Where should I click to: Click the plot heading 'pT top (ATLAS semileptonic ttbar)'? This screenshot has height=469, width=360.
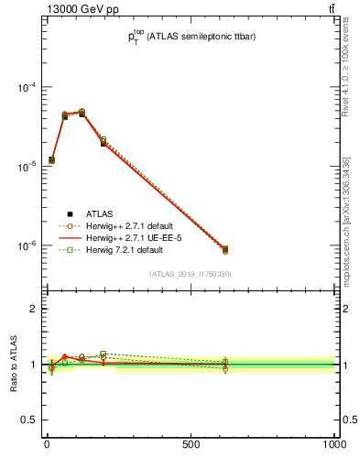click(191, 38)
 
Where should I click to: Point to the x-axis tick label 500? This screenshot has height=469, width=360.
click(191, 444)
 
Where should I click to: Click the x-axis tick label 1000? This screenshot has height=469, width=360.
click(333, 444)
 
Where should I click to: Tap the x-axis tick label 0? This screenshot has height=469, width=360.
click(47, 444)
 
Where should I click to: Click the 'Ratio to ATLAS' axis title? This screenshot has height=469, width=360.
click(13, 364)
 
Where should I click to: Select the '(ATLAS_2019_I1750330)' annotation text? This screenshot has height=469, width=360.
click(191, 274)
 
